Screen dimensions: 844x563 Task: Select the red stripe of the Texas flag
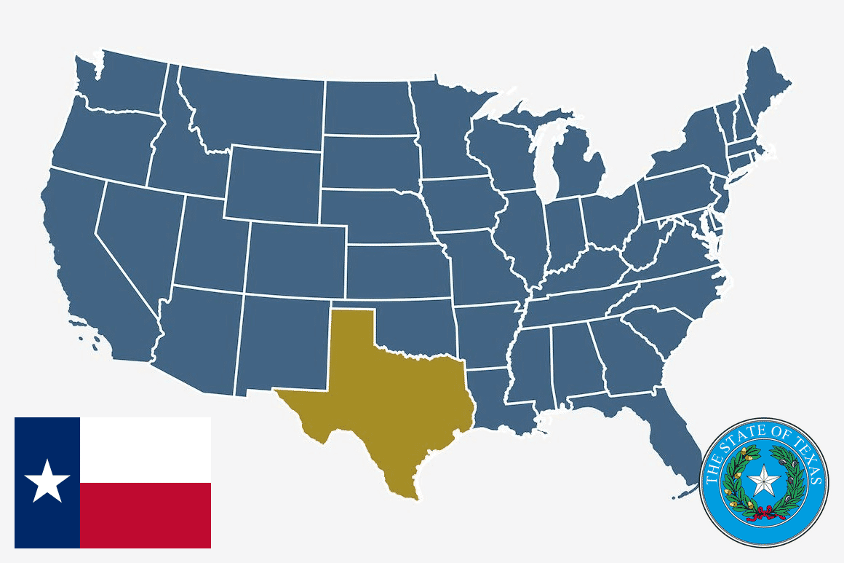point(146,515)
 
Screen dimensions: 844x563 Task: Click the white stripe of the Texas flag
point(146,449)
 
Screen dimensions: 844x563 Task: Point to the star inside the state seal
point(765,481)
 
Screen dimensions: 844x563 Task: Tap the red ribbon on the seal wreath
point(763,511)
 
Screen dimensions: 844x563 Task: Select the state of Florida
point(666,437)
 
